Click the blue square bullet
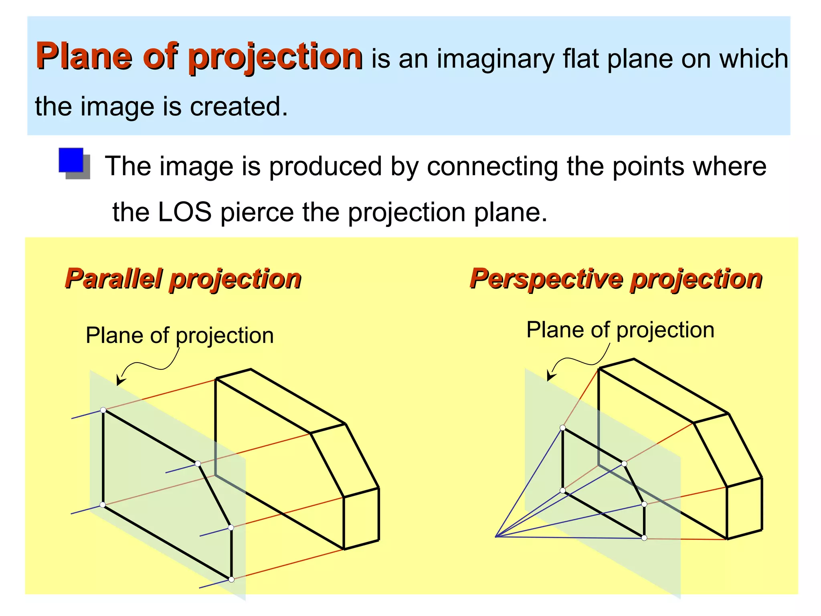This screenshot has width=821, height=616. point(71,160)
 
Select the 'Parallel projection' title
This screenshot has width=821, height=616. point(183,279)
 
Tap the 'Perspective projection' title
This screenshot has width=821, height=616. point(616,279)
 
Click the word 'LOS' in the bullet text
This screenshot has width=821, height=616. point(184,212)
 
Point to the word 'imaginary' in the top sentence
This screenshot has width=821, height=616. point(495,59)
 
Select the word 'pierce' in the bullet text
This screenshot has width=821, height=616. point(257,212)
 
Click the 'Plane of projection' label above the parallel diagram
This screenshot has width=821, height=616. point(180,335)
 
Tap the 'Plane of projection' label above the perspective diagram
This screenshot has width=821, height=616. point(620,330)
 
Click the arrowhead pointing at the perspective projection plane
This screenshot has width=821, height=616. point(550,377)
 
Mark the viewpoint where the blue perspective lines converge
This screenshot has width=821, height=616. point(496,537)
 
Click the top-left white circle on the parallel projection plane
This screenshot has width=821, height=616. point(103,410)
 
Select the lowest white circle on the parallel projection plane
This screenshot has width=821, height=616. point(231,579)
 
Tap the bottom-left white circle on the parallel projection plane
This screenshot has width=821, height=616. point(103,505)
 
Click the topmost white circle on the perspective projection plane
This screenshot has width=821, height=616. point(562,428)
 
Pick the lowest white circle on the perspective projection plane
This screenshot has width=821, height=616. point(644,538)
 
